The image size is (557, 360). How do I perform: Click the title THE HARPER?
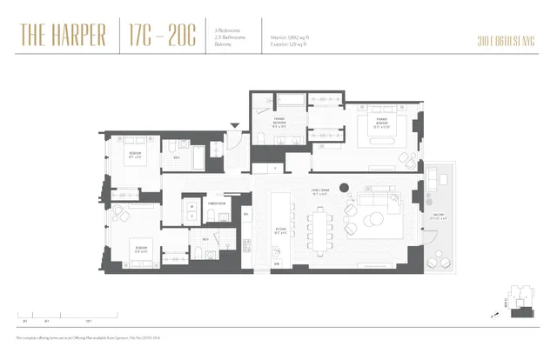[62, 37]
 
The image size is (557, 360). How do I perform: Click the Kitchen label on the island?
[280, 232]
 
